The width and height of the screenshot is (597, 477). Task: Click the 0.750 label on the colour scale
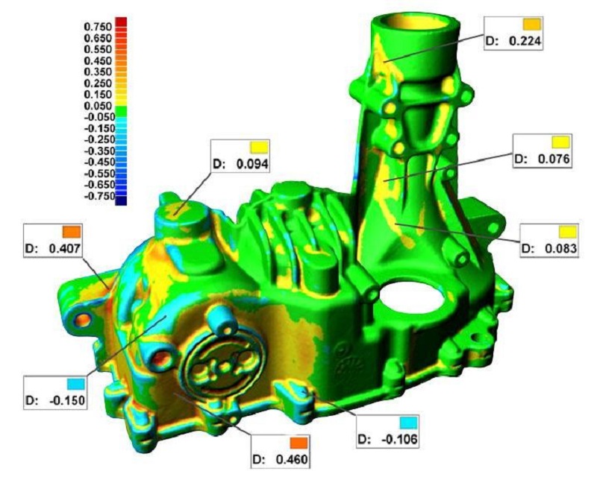[x=98, y=27]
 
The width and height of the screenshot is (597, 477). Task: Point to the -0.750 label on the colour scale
[x=99, y=196]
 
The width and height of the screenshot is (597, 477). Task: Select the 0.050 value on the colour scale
[x=98, y=106]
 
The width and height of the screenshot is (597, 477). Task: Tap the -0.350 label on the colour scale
[x=99, y=151]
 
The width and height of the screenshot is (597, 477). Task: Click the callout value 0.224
[x=525, y=41]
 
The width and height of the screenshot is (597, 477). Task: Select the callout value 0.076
[x=554, y=159]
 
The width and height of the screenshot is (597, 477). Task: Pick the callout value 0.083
[x=560, y=249]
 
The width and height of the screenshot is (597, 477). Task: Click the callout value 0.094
[x=252, y=164]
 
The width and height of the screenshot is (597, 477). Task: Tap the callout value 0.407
[x=65, y=248]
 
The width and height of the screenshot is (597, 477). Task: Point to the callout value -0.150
[x=67, y=400]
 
